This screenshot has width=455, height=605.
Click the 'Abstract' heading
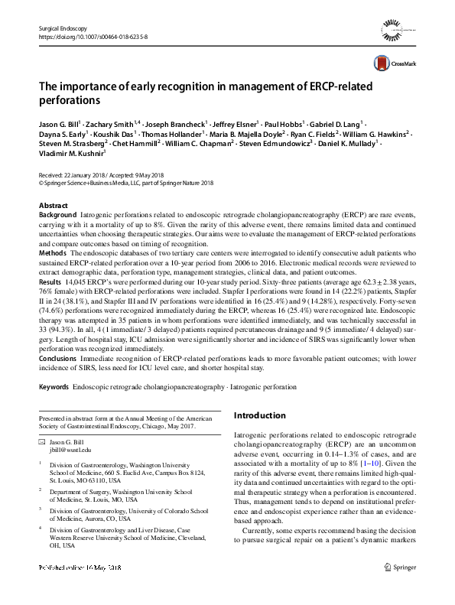click(x=53, y=207)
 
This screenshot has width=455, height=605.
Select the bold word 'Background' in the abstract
click(x=57, y=216)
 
